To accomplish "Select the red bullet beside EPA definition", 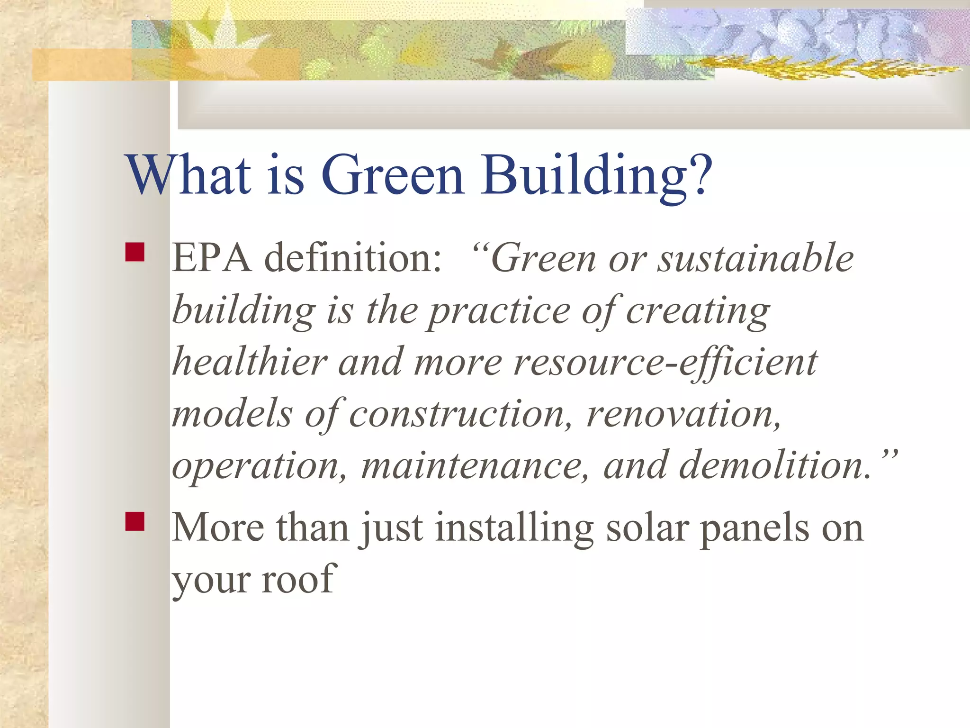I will click(x=135, y=252).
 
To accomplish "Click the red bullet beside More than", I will click(x=135, y=521).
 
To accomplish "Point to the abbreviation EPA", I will click(x=212, y=259).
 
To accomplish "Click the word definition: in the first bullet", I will click(x=352, y=259).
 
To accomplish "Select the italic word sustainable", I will click(x=756, y=259).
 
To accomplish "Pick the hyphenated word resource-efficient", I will click(x=665, y=363).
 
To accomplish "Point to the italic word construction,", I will click(x=460, y=414).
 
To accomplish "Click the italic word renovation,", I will click(x=683, y=414).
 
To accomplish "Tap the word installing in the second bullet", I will click(x=514, y=529).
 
